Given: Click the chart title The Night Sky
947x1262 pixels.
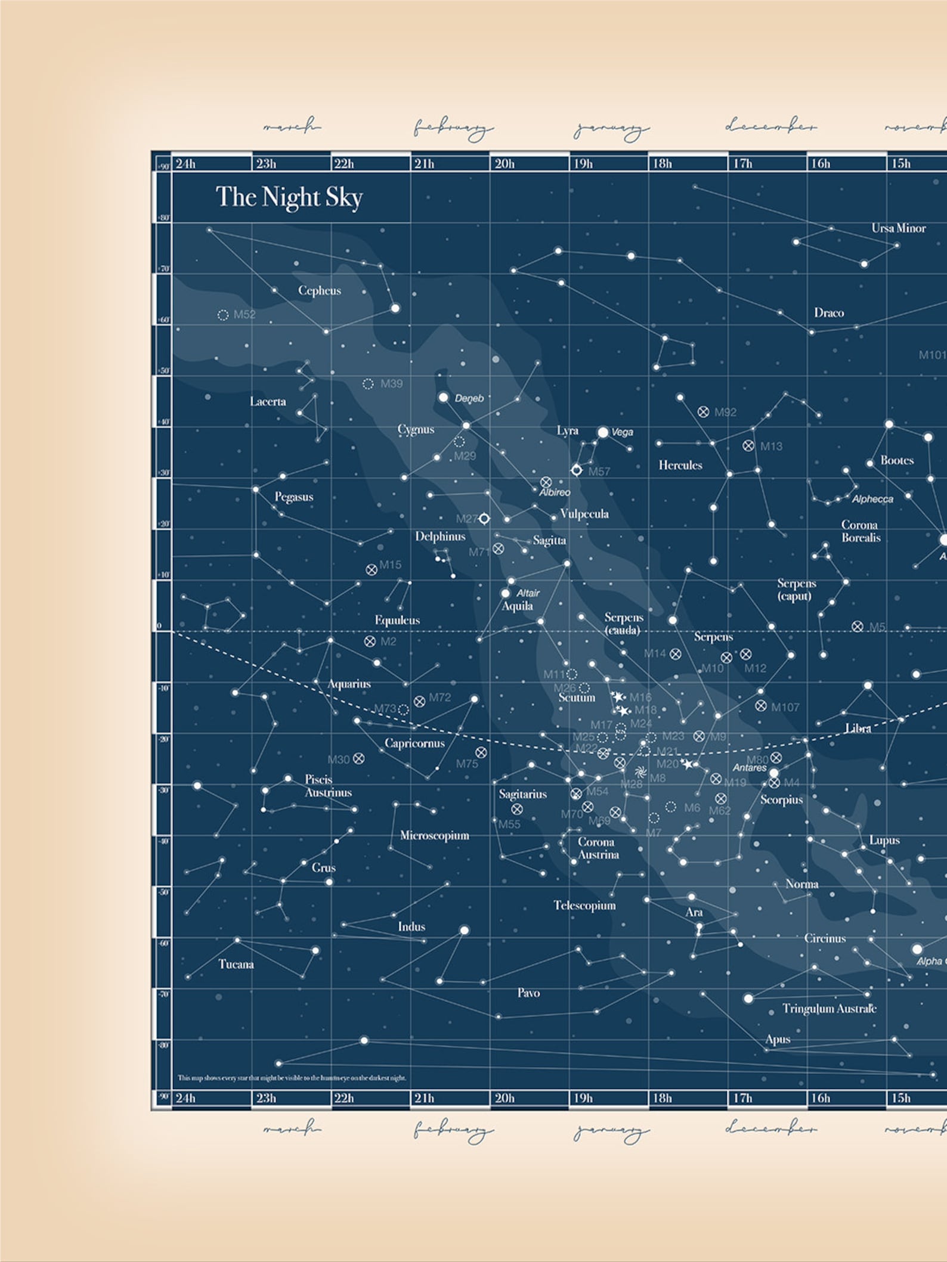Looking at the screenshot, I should pyautogui.click(x=289, y=197).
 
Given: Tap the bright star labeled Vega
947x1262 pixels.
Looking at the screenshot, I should pyautogui.click(x=603, y=432).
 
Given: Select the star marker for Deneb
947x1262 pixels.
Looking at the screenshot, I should pyautogui.click(x=443, y=397).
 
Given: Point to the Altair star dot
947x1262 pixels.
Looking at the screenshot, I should pyautogui.click(x=505, y=593).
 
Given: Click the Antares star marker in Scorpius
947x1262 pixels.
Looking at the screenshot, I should pyautogui.click(x=774, y=773).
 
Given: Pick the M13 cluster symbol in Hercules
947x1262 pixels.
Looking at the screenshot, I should pyautogui.click(x=748, y=445).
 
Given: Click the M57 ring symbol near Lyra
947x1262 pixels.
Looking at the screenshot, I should pyautogui.click(x=576, y=470).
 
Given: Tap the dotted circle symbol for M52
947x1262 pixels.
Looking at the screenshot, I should pyautogui.click(x=223, y=315).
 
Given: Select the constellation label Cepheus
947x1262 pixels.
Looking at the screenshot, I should pyautogui.click(x=320, y=291).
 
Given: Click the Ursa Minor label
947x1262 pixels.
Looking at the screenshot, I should pyautogui.click(x=898, y=228).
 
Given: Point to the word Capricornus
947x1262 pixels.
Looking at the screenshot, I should pyautogui.click(x=414, y=743).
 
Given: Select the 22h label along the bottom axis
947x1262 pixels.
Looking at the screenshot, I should pyautogui.click(x=343, y=1097).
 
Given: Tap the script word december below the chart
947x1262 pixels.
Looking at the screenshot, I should pyautogui.click(x=770, y=1128).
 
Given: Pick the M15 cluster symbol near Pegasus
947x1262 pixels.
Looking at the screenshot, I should pyautogui.click(x=372, y=569).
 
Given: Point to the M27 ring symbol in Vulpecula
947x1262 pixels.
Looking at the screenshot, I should pyautogui.click(x=484, y=519).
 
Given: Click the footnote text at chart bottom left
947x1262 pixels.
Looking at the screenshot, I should pyautogui.click(x=292, y=1078).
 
